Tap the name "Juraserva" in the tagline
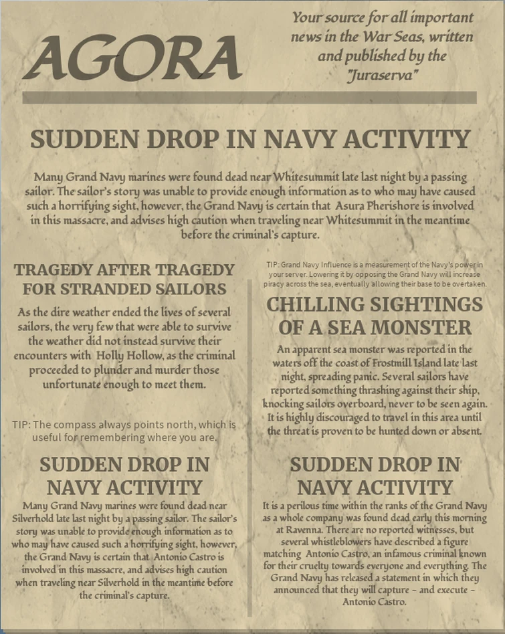[383, 76]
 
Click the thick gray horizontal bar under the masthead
[249, 98]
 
